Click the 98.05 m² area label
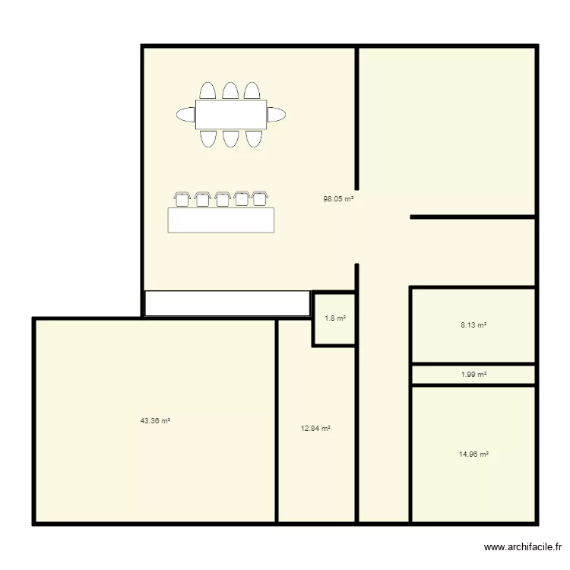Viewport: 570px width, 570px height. click(x=338, y=199)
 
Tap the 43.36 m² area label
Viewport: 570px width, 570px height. click(x=155, y=420)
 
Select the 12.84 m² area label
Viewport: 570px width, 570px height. click(x=315, y=429)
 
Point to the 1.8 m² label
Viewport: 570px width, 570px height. click(x=335, y=318)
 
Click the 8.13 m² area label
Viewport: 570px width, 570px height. click(x=473, y=325)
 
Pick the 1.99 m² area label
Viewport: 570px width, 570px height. click(x=473, y=375)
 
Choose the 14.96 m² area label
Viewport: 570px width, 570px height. click(x=473, y=454)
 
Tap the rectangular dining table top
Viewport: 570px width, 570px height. click(x=231, y=115)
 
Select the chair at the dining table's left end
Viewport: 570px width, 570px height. click(x=186, y=115)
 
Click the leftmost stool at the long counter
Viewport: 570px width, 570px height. click(x=182, y=198)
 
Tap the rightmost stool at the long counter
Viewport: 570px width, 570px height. click(x=261, y=198)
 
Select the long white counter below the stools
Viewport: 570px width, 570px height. click(x=220, y=220)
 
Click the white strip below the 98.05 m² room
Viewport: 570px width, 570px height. click(x=227, y=303)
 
